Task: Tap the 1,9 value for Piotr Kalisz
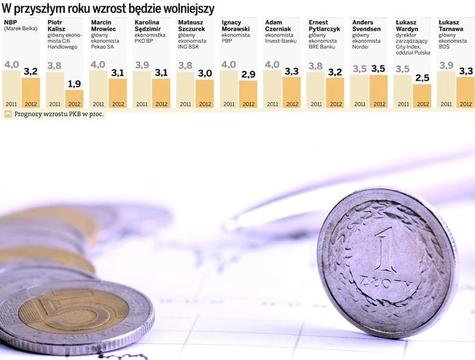[x=74, y=84]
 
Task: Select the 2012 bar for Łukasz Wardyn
[x=422, y=96]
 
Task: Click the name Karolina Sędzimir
[x=147, y=26]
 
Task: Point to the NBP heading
[x=11, y=22]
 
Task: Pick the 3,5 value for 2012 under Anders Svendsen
[x=378, y=68]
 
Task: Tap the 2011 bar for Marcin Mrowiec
[x=99, y=89]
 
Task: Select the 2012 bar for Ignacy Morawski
[x=248, y=94]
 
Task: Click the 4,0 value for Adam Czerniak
[x=272, y=64]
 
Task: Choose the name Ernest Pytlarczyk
[x=324, y=26]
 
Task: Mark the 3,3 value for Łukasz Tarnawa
[x=466, y=71]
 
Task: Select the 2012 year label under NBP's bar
[x=31, y=104]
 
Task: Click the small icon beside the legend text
[x=8, y=114]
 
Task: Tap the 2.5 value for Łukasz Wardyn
[x=422, y=78]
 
